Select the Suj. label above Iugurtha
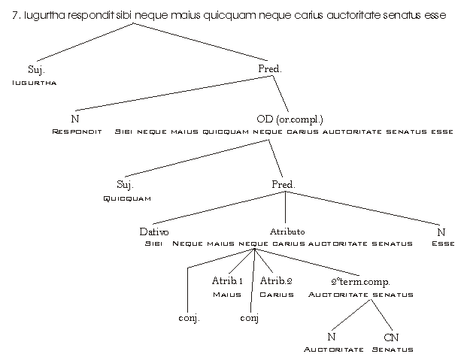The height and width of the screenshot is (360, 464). [36, 69]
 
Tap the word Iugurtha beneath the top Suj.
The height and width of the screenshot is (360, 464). [36, 82]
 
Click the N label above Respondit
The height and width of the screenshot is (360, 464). [75, 119]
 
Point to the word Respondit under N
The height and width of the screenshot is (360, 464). [76, 131]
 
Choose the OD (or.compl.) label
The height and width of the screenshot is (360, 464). [289, 119]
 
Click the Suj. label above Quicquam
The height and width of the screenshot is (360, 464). [125, 184]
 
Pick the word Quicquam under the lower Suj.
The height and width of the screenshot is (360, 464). [126, 198]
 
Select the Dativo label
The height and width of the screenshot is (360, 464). [153, 231]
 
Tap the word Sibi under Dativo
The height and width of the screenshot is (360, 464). [153, 244]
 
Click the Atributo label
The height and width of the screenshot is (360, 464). [287, 231]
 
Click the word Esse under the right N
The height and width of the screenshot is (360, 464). [441, 244]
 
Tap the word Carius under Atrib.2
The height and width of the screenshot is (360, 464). [276, 294]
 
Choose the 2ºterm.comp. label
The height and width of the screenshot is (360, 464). [360, 281]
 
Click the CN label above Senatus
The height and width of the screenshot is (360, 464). [390, 337]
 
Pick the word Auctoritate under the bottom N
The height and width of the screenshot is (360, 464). [333, 349]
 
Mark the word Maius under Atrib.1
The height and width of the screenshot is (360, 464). [226, 294]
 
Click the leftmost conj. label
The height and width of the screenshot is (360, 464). [189, 319]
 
